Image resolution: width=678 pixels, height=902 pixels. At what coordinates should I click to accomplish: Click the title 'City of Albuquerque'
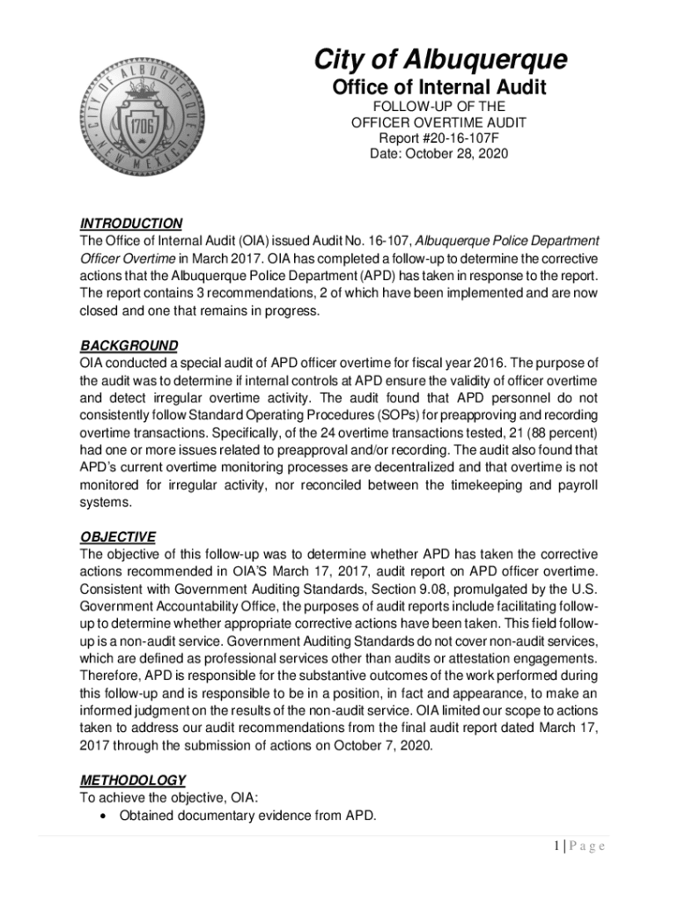440,60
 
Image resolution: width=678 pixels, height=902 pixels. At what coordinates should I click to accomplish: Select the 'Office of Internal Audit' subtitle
439,88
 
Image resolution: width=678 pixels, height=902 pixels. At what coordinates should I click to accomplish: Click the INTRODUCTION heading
131,224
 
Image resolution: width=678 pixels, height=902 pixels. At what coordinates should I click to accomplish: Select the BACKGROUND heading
129,346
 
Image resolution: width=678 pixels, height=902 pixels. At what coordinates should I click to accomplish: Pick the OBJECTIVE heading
118,536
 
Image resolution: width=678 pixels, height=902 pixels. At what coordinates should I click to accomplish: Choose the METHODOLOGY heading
133,780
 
